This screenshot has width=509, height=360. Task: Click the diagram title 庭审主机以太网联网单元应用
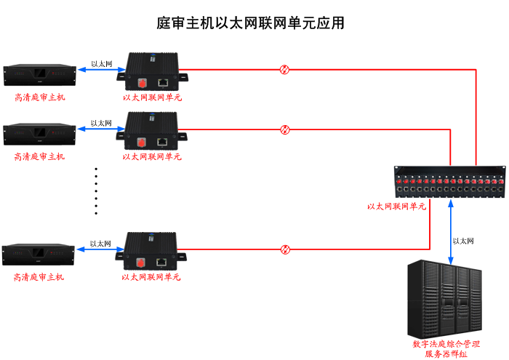tap(251, 23)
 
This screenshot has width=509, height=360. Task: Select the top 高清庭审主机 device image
tap(39, 74)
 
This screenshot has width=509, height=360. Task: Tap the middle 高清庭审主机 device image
tap(39, 133)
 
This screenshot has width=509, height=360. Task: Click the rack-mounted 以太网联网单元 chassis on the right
tap(449, 183)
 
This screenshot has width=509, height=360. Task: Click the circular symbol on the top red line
tap(285, 70)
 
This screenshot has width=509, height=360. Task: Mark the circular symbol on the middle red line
tap(285, 129)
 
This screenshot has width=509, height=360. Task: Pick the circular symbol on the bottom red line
tap(285, 249)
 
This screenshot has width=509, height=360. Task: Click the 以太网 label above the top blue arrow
tap(102, 64)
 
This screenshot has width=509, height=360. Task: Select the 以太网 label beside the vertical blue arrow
tap(464, 241)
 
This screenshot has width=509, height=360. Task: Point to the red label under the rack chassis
tap(397, 207)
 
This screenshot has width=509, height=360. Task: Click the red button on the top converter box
tap(142, 81)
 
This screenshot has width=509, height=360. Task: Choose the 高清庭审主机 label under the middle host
tap(39, 156)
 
